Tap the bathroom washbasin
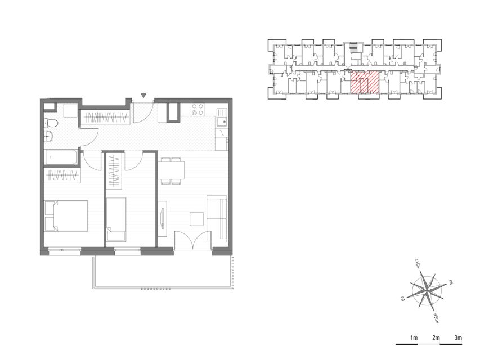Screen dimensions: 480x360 [x=48, y=136]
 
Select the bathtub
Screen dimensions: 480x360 [x=61, y=157]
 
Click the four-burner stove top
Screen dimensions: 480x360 [x=198, y=110]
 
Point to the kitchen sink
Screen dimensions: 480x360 [x=222, y=117]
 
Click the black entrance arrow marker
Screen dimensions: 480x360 [x=143, y=96]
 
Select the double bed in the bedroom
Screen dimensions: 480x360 [x=66, y=216]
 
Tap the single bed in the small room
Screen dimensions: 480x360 [x=116, y=219]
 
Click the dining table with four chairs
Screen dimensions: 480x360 [x=171, y=170]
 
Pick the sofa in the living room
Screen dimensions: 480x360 [x=217, y=219]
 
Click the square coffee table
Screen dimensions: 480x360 [x=196, y=219]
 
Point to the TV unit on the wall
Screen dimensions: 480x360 [x=163, y=218]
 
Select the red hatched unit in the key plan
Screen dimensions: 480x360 [x=365, y=82]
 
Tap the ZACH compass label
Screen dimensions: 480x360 [x=417, y=263]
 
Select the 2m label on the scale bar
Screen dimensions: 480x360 [x=436, y=338]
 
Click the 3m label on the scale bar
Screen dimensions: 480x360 [x=458, y=338]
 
